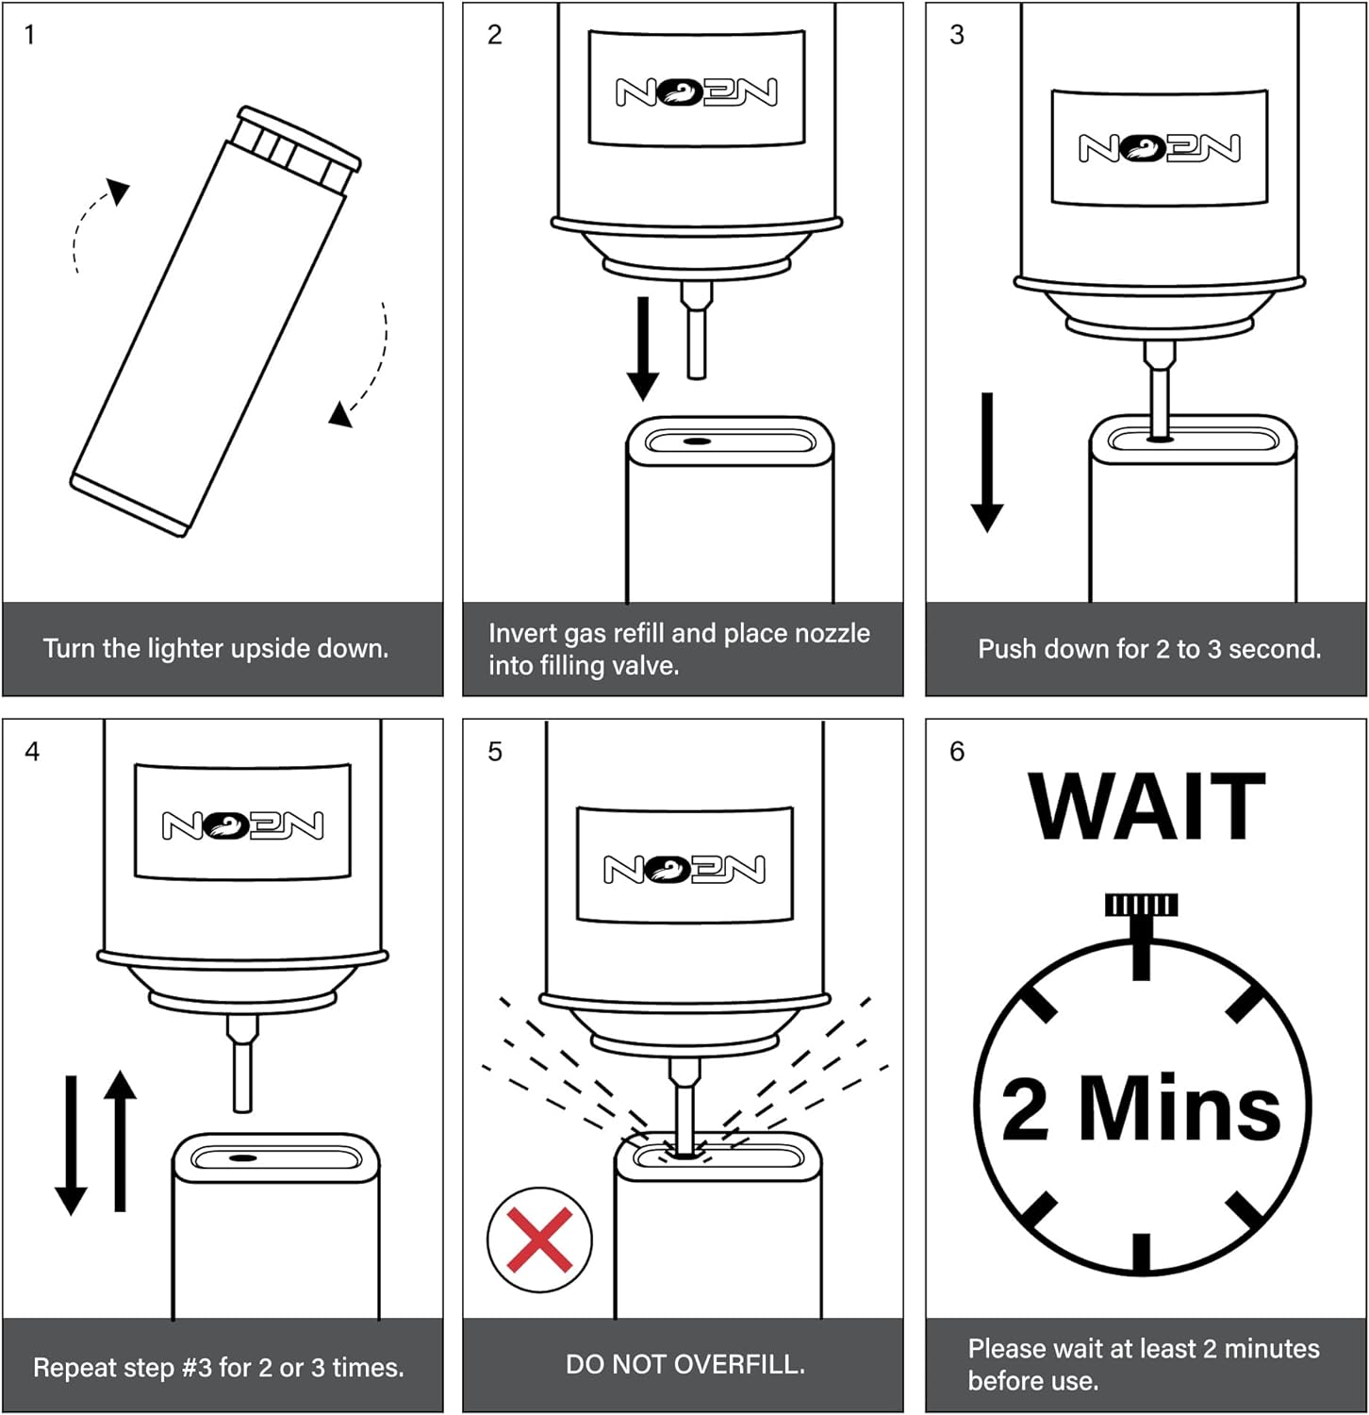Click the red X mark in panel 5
pyautogui.click(x=539, y=1239)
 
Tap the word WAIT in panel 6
pyautogui.click(x=1146, y=807)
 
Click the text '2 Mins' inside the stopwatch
pyautogui.click(x=1141, y=1108)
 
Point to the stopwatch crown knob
pyautogui.click(x=1141, y=906)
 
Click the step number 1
pyautogui.click(x=29, y=36)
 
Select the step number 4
pyautogui.click(x=32, y=752)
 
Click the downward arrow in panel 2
pyautogui.click(x=643, y=347)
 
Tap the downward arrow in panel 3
pyautogui.click(x=987, y=462)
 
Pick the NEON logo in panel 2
pyautogui.click(x=696, y=92)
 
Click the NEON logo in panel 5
pyautogui.click(x=684, y=869)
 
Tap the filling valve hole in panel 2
pyautogui.click(x=697, y=441)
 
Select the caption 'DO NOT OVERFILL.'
pyautogui.click(x=684, y=1364)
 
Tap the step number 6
pyautogui.click(x=957, y=752)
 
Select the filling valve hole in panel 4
pyautogui.click(x=242, y=1157)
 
